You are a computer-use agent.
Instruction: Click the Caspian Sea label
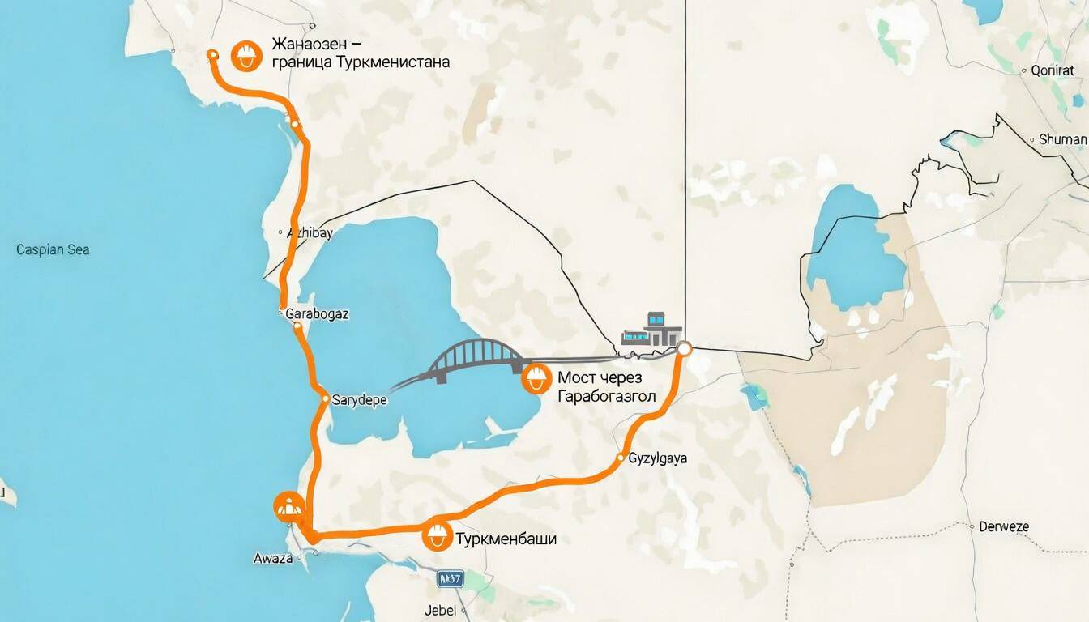coord(53,249)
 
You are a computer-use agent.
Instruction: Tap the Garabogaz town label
coord(318,314)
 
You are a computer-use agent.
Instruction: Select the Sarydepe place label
coord(359,399)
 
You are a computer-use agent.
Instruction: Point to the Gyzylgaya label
coord(658,458)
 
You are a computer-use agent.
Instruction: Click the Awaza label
coord(272,558)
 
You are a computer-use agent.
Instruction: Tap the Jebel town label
coord(440,610)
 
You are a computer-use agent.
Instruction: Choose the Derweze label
coord(1003,526)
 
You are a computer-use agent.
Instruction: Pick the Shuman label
coord(1062,139)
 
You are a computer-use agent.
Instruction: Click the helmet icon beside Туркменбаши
coord(438,535)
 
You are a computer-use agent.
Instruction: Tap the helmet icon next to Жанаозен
coord(246,55)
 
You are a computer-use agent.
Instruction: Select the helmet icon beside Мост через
coord(535,377)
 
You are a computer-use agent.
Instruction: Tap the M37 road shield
coord(450,579)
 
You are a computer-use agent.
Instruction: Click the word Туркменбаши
coord(506,539)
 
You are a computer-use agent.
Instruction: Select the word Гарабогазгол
coord(607,396)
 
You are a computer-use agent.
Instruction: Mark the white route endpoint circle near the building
coord(684,349)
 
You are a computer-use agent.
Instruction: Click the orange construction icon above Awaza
coord(288,505)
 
